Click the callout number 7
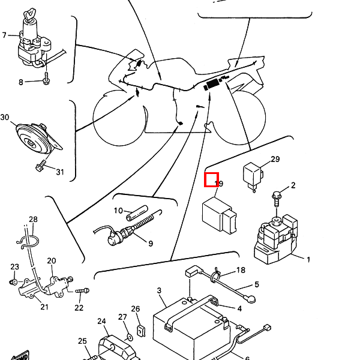pyautogui.click(x=4, y=35)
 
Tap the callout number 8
pyautogui.click(x=20, y=82)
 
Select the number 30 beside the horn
pyautogui.click(x=5, y=117)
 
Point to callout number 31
pyautogui.click(x=59, y=173)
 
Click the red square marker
pyautogui.click(x=212, y=179)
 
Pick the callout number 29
pyautogui.click(x=275, y=159)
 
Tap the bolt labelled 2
pyautogui.click(x=277, y=195)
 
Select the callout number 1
pyautogui.click(x=308, y=260)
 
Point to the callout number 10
pyautogui.click(x=118, y=211)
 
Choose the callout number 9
pyautogui.click(x=150, y=243)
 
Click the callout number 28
pyautogui.click(x=33, y=220)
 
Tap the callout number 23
pyautogui.click(x=14, y=267)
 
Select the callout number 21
pyautogui.click(x=44, y=307)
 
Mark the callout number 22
pyautogui.click(x=79, y=308)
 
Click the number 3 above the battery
pyautogui.click(x=159, y=291)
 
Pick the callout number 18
pyautogui.click(x=241, y=271)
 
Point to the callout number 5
pyautogui.click(x=256, y=284)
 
